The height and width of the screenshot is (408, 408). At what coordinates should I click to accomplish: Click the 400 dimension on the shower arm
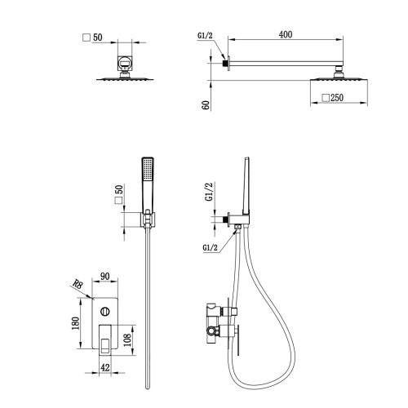coord(286,34)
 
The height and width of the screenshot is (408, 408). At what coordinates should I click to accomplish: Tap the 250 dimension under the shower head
coord(337,98)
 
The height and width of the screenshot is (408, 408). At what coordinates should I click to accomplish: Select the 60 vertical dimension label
coord(206,105)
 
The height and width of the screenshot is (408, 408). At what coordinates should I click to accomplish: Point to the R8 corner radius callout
coord(78,284)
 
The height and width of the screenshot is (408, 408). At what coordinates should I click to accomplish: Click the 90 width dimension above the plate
coord(105,277)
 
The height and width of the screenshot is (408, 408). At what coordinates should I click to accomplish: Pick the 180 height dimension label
coord(76,323)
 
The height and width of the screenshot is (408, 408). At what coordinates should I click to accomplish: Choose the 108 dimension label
coord(127,340)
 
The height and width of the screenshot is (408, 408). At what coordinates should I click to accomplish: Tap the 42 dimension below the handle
coord(105,368)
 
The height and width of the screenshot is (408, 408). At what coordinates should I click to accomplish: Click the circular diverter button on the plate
coord(105,311)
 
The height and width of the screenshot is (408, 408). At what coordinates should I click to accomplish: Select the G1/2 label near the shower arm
coord(205,36)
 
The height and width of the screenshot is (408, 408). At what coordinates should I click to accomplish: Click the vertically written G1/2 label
coord(209,192)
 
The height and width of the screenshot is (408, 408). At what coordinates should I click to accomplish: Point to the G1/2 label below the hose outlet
coord(211,247)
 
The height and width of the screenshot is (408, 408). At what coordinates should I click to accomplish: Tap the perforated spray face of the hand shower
coord(148,169)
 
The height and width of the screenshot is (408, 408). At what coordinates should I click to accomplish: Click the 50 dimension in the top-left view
coord(98,38)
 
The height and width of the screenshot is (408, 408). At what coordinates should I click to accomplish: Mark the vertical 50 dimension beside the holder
coord(119,189)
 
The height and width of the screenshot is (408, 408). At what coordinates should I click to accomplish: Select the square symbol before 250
coord(326,98)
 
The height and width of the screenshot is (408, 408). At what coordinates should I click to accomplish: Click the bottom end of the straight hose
coord(148,388)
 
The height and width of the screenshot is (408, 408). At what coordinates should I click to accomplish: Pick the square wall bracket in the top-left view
coord(125,64)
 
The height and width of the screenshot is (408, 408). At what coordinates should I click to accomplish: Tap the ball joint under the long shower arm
coord(338,74)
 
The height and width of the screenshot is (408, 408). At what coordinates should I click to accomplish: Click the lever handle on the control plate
coord(105,339)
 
